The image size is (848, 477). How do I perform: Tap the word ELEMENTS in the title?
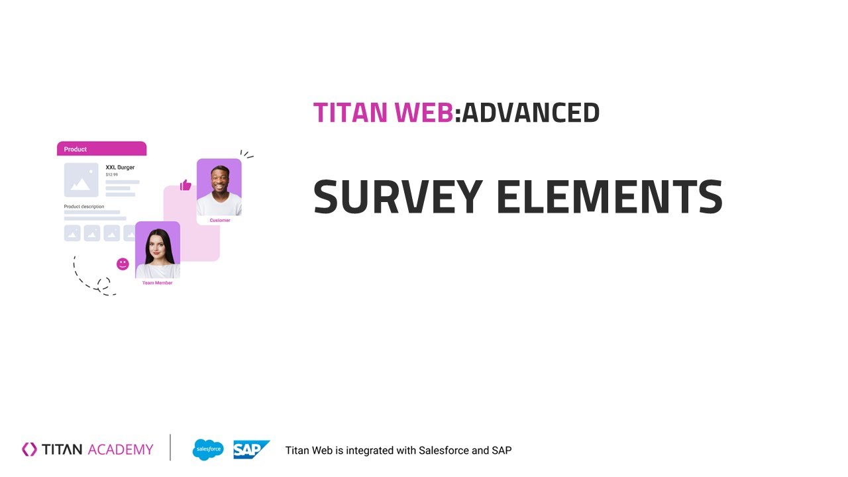coord(609,197)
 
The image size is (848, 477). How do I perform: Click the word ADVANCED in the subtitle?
coord(531,113)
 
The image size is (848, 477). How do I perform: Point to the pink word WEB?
coord(424,113)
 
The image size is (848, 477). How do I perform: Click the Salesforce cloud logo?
coord(208,450)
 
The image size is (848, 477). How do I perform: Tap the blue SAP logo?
coord(251,450)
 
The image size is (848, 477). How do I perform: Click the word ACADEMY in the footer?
coord(120,450)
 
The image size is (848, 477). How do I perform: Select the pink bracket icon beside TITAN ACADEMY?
coord(30,450)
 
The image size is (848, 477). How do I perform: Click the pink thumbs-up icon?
coord(185,185)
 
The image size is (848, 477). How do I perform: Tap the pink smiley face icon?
coord(123,264)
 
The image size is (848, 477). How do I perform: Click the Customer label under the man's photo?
coord(219,220)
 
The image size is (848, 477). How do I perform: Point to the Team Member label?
coord(157,283)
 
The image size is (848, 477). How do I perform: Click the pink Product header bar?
coord(101,149)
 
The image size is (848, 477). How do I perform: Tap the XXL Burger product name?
coord(120,168)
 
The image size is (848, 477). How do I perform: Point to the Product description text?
coord(83,207)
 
